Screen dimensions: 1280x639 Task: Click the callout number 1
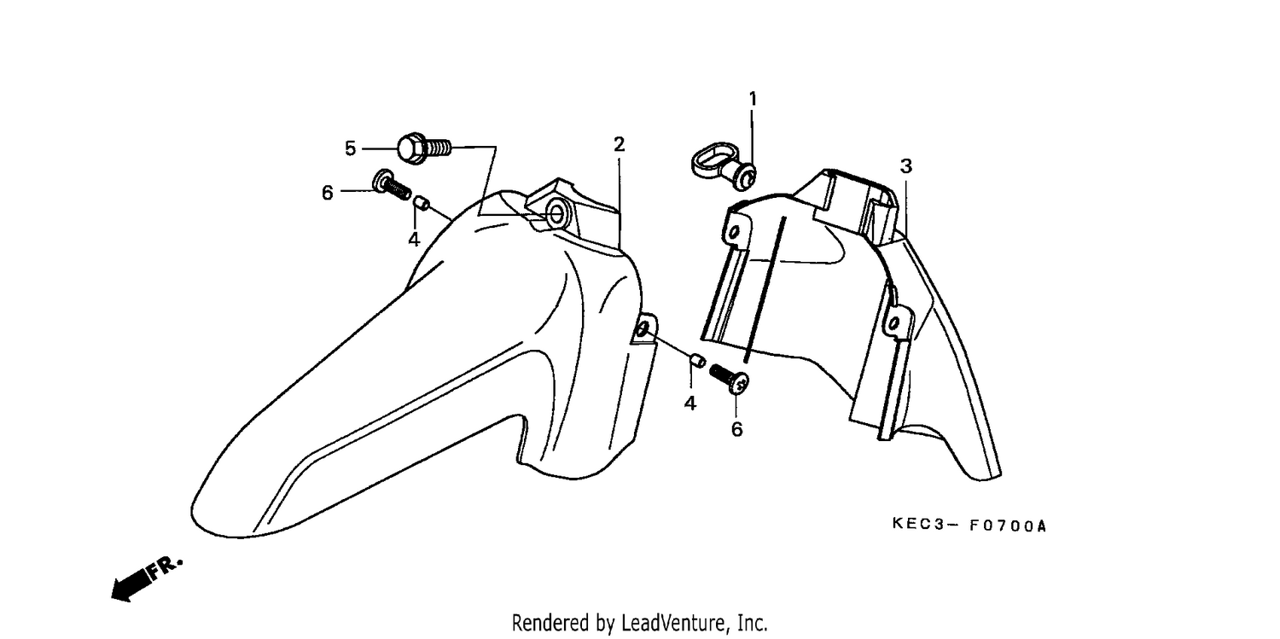click(x=753, y=99)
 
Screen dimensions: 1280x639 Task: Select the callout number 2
click(x=619, y=144)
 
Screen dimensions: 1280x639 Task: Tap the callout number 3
click(x=905, y=166)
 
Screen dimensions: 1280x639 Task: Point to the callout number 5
click(x=350, y=149)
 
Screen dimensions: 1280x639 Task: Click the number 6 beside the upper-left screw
click(x=327, y=193)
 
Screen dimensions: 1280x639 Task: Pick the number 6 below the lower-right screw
click(x=736, y=429)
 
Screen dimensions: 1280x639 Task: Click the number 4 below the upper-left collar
click(x=414, y=240)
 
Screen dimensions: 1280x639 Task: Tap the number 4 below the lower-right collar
click(x=689, y=404)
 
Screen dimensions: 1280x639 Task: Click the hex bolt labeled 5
click(x=424, y=148)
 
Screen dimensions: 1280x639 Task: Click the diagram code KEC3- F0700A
click(x=969, y=526)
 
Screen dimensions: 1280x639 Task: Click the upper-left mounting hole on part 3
click(x=733, y=232)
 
